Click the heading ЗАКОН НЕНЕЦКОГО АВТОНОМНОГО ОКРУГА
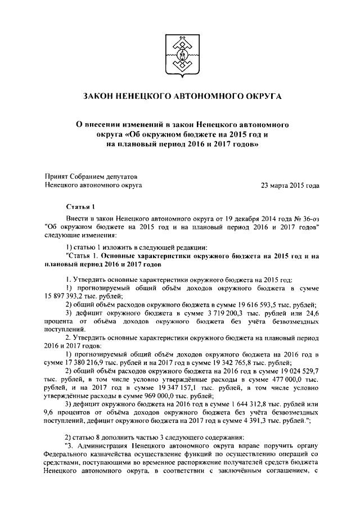click(x=180, y=97)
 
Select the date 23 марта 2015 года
click(x=290, y=184)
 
